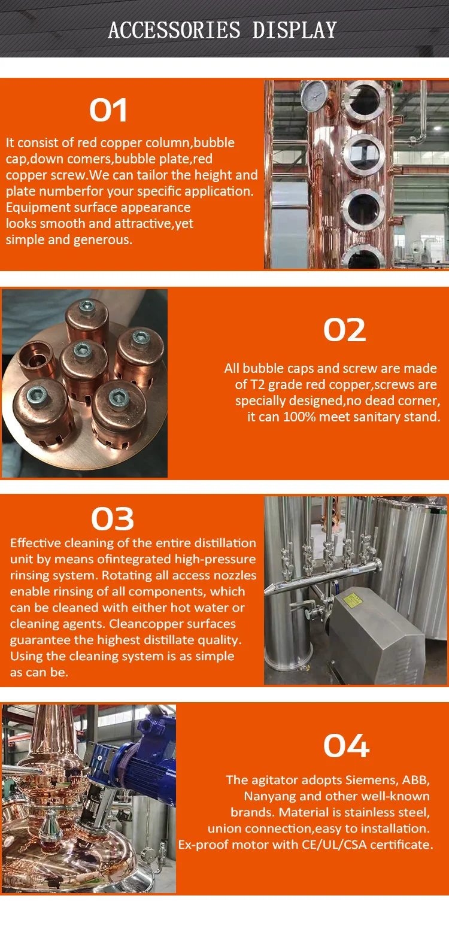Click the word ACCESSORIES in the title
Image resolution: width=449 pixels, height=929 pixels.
(x=174, y=29)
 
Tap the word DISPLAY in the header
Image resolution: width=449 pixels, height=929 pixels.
(x=295, y=29)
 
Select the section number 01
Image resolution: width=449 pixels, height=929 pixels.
(x=108, y=110)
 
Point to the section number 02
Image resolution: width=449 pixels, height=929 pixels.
(x=344, y=329)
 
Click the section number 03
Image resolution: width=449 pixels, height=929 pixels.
(x=113, y=519)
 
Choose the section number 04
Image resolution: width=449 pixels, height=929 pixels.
(x=346, y=745)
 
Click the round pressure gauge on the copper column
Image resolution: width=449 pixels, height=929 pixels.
(x=314, y=95)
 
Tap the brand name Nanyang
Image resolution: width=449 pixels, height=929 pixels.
(x=269, y=796)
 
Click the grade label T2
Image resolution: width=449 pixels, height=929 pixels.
(x=258, y=384)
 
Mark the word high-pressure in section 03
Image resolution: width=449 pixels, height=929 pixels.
(x=215, y=559)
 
